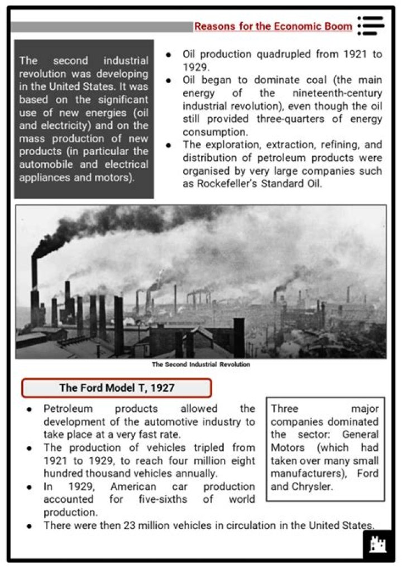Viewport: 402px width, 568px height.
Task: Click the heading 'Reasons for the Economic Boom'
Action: tap(273, 26)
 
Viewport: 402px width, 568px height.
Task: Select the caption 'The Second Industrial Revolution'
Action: tap(200, 364)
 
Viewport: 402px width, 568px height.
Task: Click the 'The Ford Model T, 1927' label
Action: tap(116, 388)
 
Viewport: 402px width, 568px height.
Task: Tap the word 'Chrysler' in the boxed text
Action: tap(310, 485)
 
